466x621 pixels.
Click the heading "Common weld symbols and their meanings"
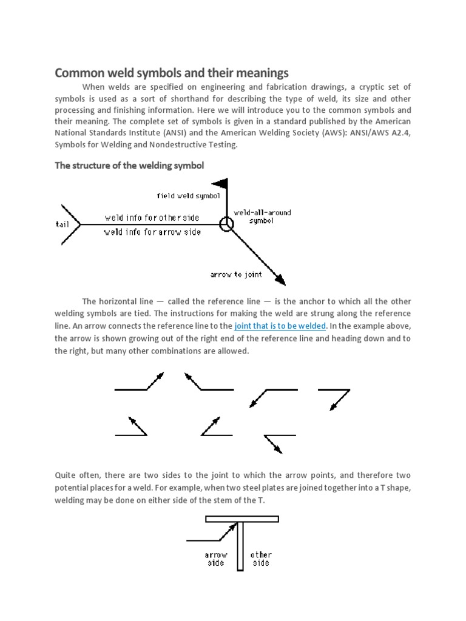click(172, 73)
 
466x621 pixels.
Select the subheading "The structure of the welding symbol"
click(129, 166)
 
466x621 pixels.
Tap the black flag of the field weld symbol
click(219, 183)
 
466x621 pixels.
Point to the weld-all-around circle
click(226, 224)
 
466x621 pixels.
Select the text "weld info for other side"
click(152, 218)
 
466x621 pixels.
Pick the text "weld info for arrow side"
click(152, 232)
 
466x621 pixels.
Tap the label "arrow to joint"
click(236, 275)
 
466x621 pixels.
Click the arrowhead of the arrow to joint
click(280, 279)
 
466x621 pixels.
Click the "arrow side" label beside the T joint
click(215, 559)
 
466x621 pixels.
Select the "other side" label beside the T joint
click(261, 559)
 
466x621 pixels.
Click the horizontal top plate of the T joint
click(241, 519)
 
